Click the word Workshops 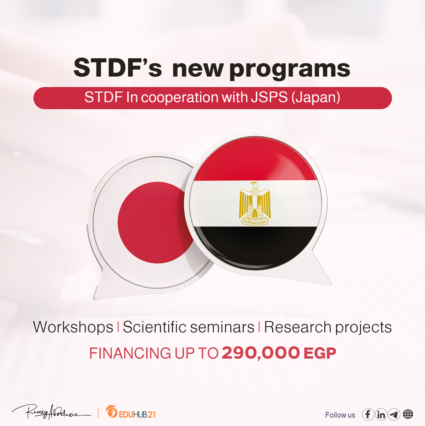click(73, 327)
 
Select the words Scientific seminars click(189, 327)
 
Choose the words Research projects click(328, 327)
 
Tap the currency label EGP click(320, 353)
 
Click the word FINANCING click(130, 353)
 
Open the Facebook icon click(368, 414)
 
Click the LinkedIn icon click(381, 414)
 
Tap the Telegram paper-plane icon click(394, 414)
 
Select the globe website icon click(408, 414)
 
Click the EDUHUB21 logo click(131, 413)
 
